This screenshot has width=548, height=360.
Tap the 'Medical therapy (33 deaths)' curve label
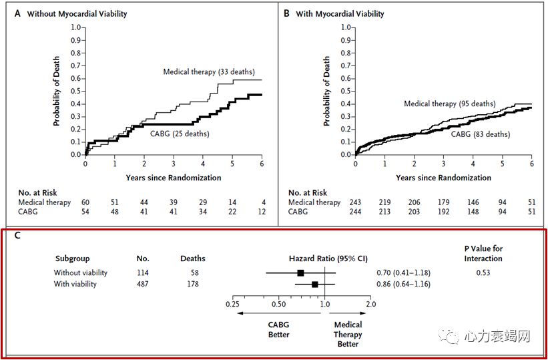[209, 71]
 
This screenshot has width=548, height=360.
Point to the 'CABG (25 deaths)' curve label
[178, 134]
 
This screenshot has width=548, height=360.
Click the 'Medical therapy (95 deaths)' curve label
[449, 104]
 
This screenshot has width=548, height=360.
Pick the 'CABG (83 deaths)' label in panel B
[479, 134]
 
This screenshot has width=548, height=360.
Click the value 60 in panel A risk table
[85, 202]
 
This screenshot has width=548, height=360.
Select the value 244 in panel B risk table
[355, 212]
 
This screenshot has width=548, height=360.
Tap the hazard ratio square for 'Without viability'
[300, 273]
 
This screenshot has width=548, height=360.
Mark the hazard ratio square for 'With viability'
[314, 284]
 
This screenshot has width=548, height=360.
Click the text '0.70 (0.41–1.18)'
[403, 273]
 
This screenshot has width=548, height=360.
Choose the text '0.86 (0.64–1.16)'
[403, 284]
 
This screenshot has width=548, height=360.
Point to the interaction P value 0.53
[483, 273]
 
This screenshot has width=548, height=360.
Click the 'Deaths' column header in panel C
[193, 258]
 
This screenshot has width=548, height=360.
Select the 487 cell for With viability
[143, 284]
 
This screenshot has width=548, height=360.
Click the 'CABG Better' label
[279, 329]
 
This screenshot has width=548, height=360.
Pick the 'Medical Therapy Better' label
[348, 334]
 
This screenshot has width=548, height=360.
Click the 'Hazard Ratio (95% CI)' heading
[328, 258]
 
